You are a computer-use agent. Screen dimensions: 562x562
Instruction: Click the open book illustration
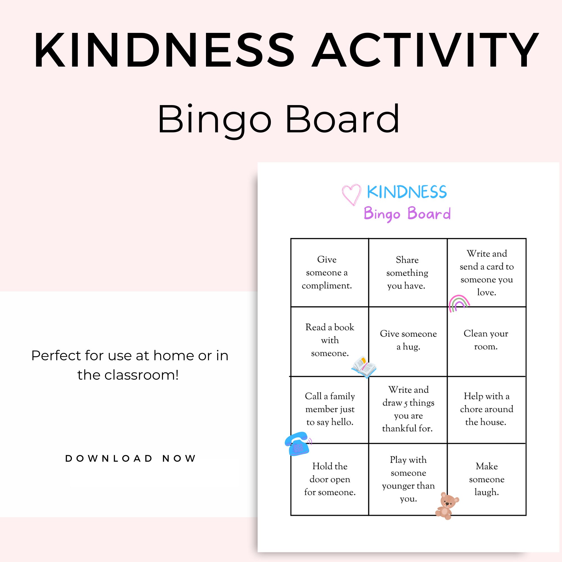coord(364,367)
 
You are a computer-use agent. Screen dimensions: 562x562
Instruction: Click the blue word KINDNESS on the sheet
coord(407,192)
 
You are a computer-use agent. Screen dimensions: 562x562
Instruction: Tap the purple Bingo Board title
coord(407,214)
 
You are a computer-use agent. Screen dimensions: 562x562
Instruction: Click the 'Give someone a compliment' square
coord(327,272)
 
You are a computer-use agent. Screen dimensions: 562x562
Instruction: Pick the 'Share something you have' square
coord(407,273)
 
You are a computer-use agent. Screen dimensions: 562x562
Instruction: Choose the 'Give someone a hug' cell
coord(408,340)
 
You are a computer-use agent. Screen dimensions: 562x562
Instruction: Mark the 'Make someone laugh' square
coord(487,479)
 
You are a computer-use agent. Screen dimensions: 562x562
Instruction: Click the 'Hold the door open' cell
coord(330,479)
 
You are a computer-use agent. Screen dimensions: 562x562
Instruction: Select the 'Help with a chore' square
coord(486,409)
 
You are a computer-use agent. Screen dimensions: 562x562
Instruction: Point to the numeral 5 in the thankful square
coord(405,404)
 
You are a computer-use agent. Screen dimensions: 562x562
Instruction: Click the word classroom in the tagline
coord(141,375)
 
